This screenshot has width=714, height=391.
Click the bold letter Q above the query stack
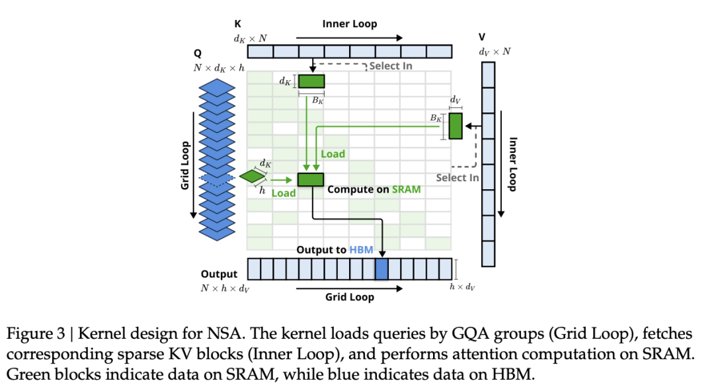point(198,53)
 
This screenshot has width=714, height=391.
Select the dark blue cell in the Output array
point(381,269)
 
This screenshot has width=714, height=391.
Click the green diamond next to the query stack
point(251,176)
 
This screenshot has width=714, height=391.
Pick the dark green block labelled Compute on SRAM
point(310,179)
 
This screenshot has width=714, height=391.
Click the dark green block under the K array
point(311,81)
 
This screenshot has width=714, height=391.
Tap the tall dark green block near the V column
point(456,126)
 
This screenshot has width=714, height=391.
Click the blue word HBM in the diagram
point(361,250)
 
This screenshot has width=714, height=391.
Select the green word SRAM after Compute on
point(406,189)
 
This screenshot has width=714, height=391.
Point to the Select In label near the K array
point(390,65)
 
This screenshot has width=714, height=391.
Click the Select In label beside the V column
point(457,177)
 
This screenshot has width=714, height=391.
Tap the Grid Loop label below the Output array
point(350,297)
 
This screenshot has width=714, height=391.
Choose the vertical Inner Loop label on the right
point(512,164)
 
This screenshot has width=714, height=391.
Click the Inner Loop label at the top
point(350,24)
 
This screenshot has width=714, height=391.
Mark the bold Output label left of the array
point(219,274)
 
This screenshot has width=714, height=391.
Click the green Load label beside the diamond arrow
point(284,193)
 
